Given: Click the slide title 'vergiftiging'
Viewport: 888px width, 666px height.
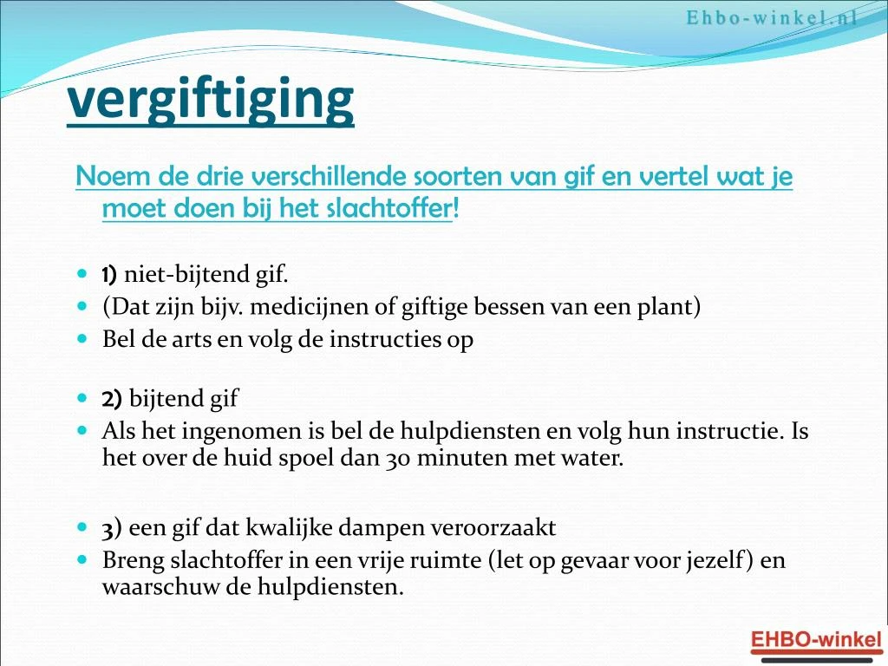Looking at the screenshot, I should coord(211,101).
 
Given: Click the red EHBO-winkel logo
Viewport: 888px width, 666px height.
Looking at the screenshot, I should coord(814,640).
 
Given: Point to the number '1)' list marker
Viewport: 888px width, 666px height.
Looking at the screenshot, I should coord(109,275).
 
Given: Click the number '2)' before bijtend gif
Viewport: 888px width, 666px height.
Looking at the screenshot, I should coord(112,399).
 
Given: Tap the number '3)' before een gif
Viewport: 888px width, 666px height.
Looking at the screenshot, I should coord(112,527).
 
